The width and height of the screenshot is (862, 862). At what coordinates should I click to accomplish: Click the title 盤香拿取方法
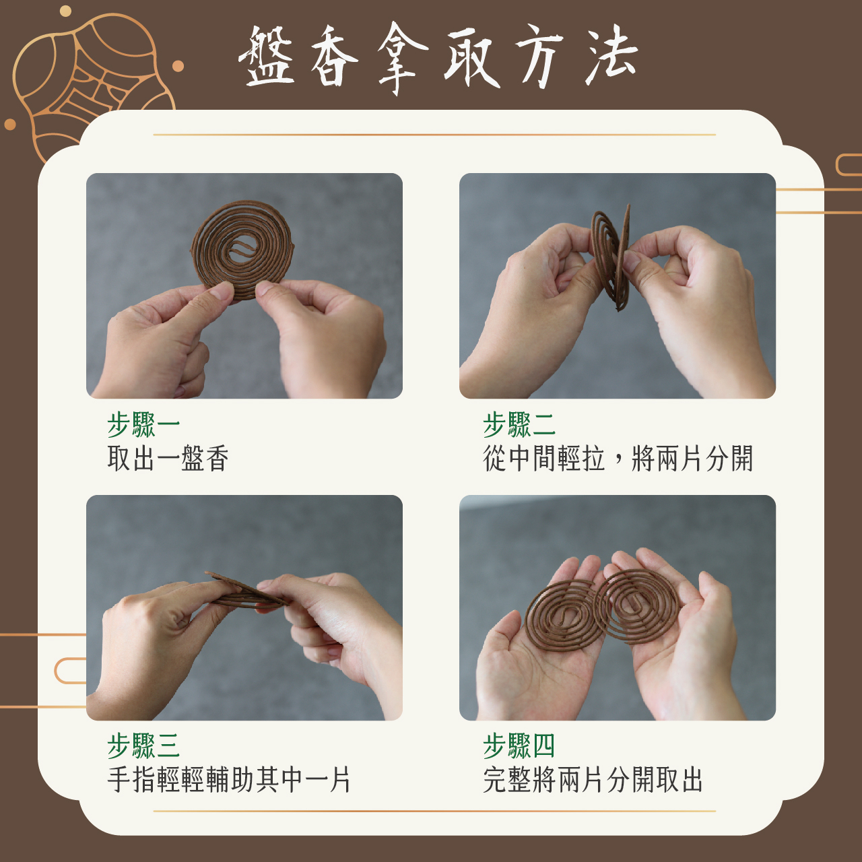pos(438,58)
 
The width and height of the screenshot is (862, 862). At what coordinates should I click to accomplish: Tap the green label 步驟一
pos(143,424)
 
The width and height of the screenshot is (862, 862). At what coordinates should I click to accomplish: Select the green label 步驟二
pos(519,424)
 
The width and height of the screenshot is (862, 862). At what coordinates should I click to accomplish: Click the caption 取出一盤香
pos(168,459)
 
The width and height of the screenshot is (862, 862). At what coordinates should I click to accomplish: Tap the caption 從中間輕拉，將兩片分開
pos(618,459)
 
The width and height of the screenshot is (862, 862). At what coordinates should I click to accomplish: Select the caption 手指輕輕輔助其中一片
pos(228,780)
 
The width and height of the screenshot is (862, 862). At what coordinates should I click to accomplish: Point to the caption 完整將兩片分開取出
pos(592,780)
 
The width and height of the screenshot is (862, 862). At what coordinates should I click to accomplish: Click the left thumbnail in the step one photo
pos(222,291)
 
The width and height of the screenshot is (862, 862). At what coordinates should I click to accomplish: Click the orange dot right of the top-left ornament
pos(178,66)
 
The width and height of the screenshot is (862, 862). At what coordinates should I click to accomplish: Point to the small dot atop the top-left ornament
pos(65,11)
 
